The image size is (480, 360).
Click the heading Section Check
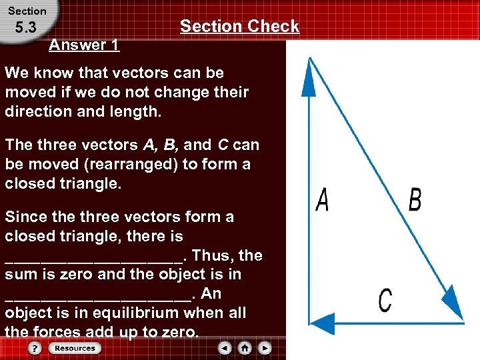click(x=239, y=26)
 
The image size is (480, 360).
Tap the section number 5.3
click(x=24, y=28)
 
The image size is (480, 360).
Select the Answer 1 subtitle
click(x=84, y=45)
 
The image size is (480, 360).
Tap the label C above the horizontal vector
click(x=385, y=299)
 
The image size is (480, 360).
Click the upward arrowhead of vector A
click(x=309, y=77)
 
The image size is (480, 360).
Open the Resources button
click(x=75, y=348)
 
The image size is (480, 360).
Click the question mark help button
click(x=35, y=348)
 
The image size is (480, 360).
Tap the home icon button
click(x=245, y=348)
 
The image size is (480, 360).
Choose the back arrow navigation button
click(x=225, y=348)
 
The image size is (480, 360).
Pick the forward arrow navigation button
click(x=265, y=348)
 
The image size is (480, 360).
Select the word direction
click(x=38, y=111)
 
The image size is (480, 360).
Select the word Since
click(x=24, y=217)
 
